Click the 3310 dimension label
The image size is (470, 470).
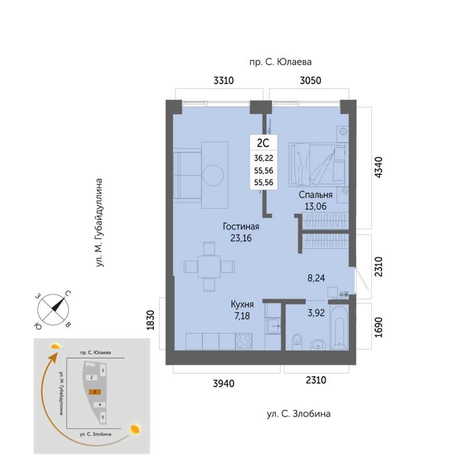pos(224,80)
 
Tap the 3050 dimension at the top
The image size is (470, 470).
pos(311,80)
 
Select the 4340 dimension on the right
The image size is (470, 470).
pos(379,167)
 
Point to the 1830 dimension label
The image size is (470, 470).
pos(150,321)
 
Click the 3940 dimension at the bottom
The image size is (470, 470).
pos(224,383)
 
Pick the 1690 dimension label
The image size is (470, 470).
pos(379,327)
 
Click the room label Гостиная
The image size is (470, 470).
pos(241,226)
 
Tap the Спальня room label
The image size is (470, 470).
pos(315,195)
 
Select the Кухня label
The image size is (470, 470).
pos(242,304)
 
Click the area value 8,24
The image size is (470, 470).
pos(316,278)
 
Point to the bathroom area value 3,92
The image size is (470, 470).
pos(316,313)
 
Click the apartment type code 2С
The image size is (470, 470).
pos(263,143)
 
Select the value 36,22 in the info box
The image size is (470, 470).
pos(264,158)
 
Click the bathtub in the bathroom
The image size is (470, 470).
pos(339,327)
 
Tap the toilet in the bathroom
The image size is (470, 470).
pos(297,342)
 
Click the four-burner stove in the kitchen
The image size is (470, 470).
pos(244,342)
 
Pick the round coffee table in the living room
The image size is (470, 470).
pos(213,175)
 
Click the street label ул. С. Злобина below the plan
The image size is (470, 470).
pos(299,414)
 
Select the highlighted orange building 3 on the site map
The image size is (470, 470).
pos(95,392)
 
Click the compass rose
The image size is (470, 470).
pos(53,310)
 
